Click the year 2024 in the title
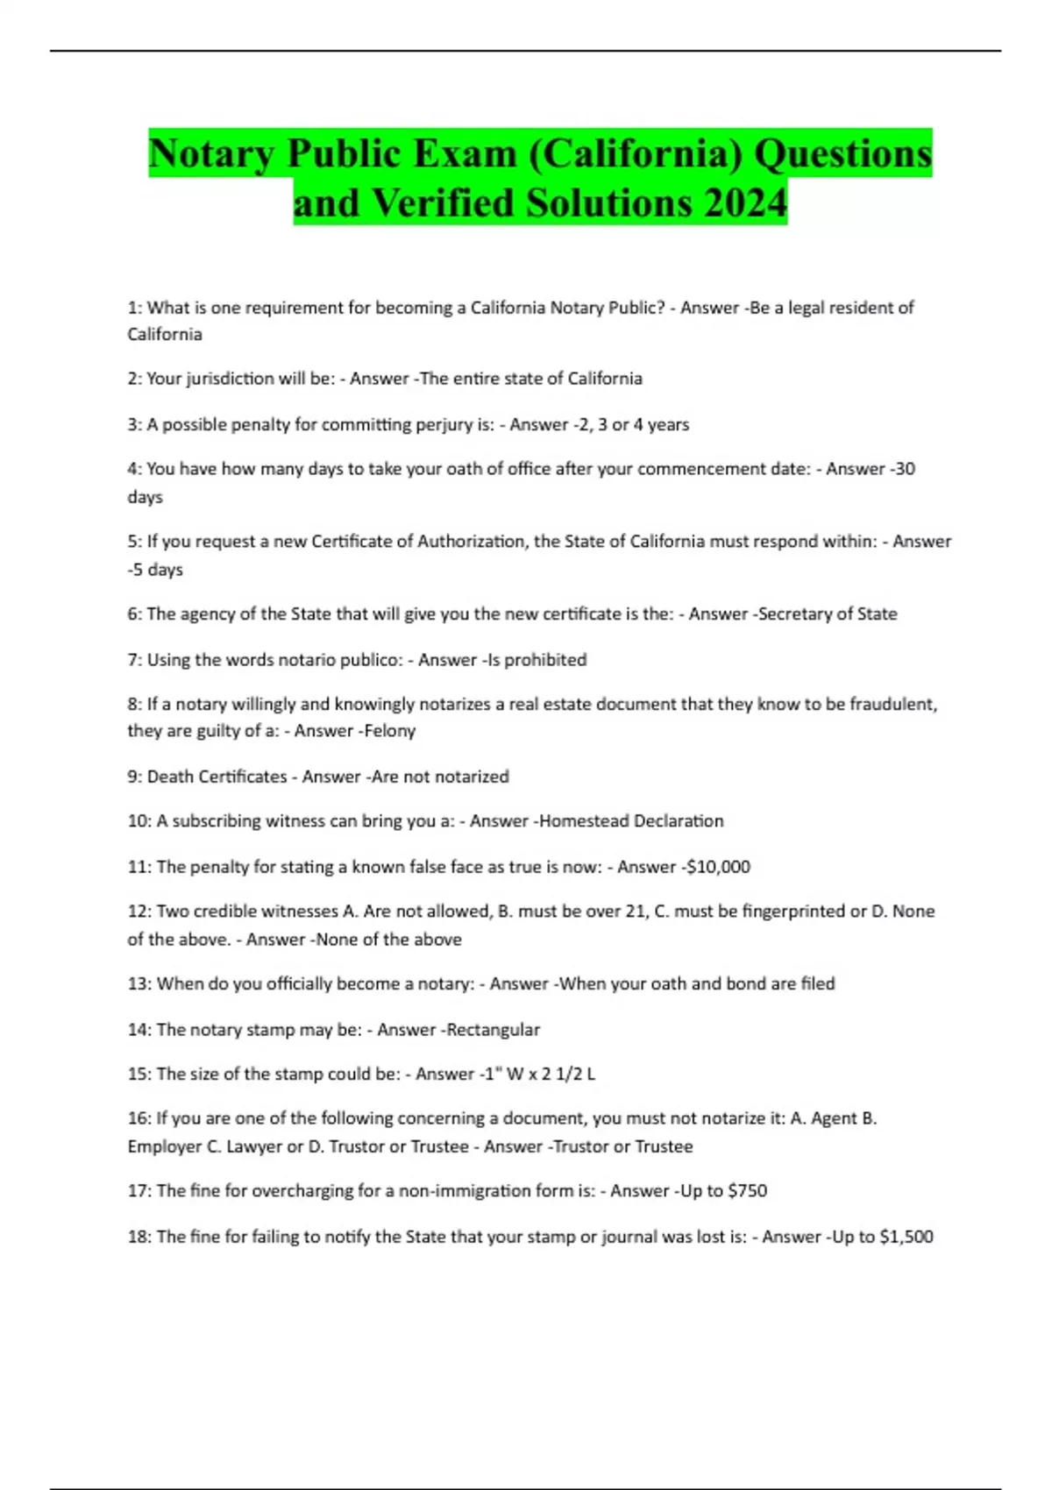(744, 203)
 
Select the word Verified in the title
(443, 203)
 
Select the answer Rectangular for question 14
(494, 1030)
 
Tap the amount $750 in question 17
(747, 1191)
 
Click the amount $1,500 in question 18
(906, 1237)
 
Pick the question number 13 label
(139, 984)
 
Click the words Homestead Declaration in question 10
(631, 821)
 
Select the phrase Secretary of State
(827, 614)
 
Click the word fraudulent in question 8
(893, 705)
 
